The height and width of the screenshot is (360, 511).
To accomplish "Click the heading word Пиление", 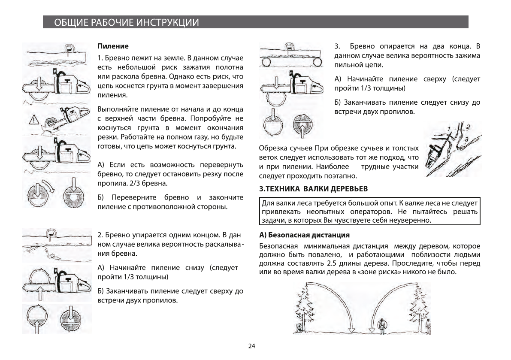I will pos(113,45).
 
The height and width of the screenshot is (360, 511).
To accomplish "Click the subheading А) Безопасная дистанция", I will pos(304,235).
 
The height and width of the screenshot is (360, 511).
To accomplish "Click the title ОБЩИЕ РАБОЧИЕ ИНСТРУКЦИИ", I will pos(126,23).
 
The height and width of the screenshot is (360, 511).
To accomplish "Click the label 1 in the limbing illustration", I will pos(448,129).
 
